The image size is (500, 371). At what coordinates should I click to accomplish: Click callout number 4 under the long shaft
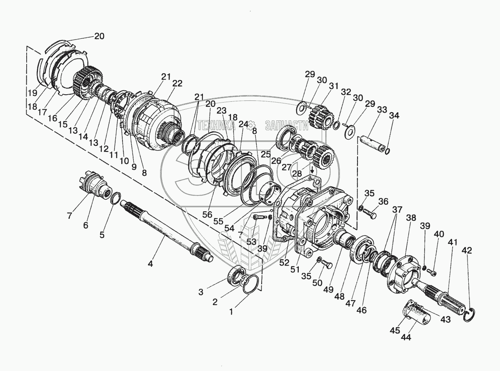pyautogui.click(x=150, y=264)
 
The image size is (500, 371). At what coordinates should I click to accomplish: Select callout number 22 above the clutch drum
pyautogui.click(x=177, y=83)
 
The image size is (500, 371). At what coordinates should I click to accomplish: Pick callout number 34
pyautogui.click(x=394, y=116)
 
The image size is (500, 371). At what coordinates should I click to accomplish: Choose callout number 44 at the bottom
pyautogui.click(x=405, y=337)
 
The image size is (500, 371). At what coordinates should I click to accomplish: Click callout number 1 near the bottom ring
pyautogui.click(x=232, y=310)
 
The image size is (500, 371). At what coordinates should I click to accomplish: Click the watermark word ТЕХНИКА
pyautogui.click(x=218, y=125)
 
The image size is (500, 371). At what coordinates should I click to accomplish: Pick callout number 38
pyautogui.click(x=411, y=218)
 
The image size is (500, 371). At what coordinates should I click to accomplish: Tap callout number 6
pyautogui.click(x=85, y=225)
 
